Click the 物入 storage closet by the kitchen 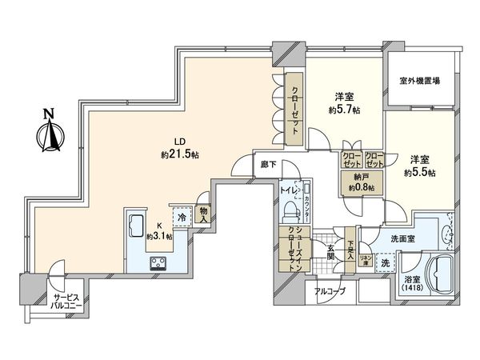(x=203, y=214)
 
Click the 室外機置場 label (x=420, y=81)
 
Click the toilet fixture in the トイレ (x=289, y=210)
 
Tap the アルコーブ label (x=330, y=291)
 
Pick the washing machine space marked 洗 (x=385, y=263)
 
